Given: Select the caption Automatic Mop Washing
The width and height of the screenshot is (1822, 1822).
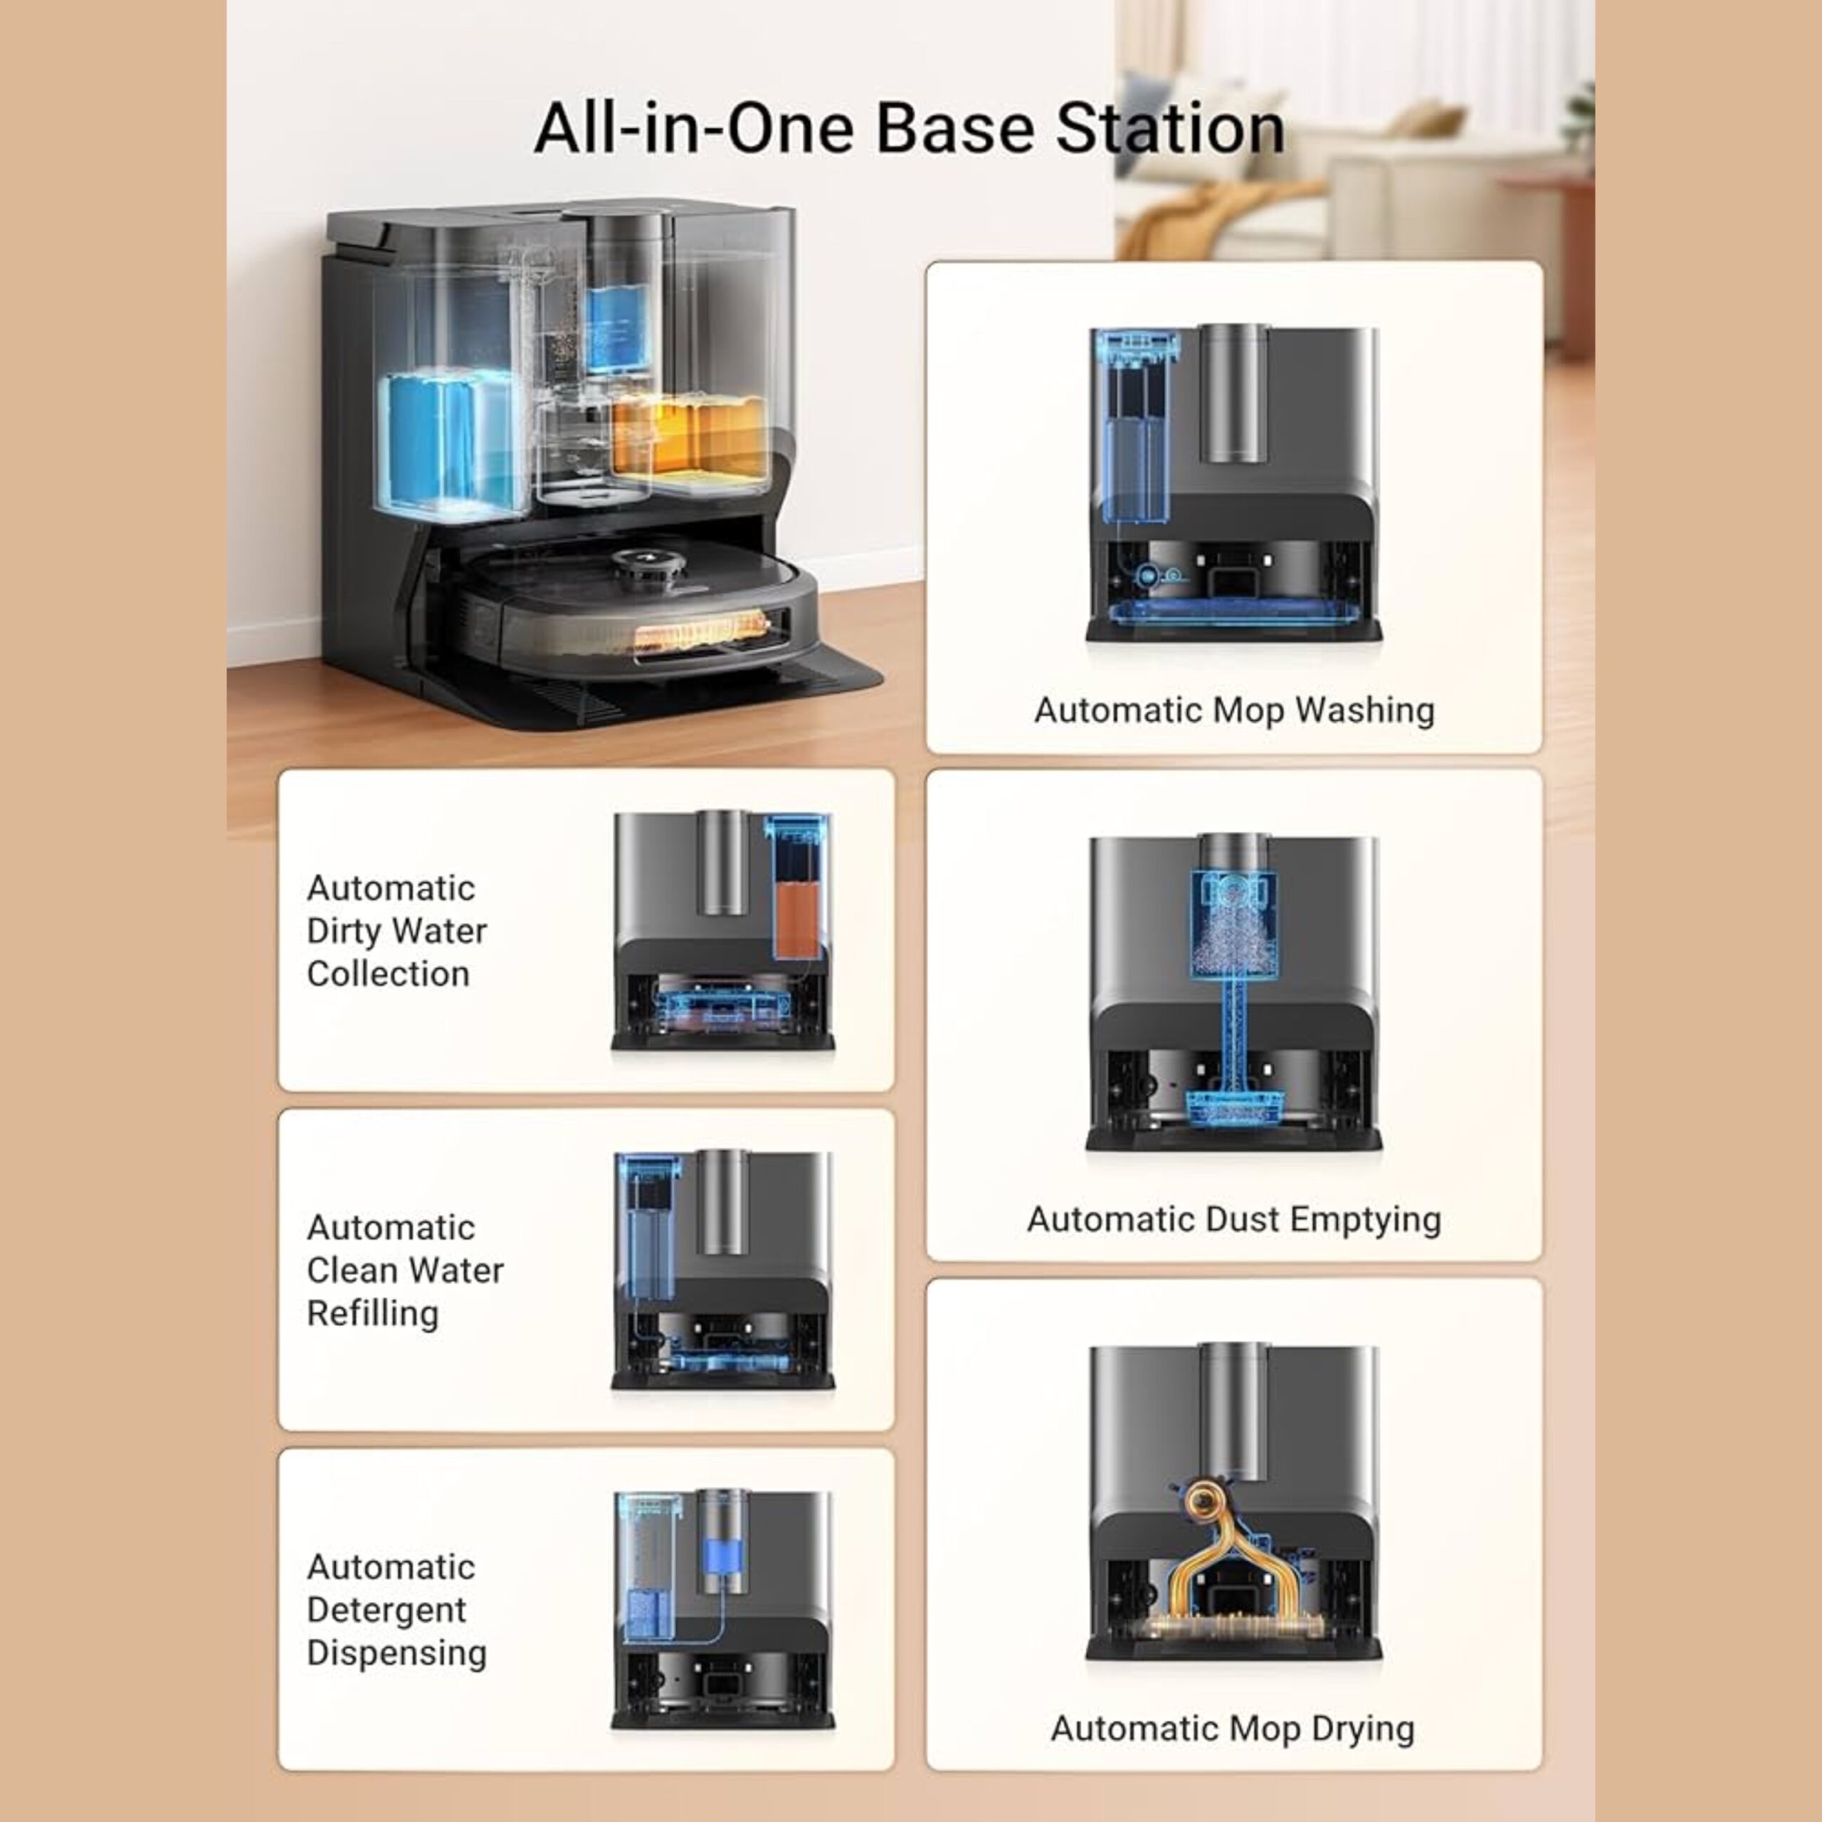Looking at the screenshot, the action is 1233,710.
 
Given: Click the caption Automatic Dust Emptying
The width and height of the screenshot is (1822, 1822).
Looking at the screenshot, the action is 1233,1219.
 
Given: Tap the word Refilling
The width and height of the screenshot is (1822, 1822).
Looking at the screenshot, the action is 372,1314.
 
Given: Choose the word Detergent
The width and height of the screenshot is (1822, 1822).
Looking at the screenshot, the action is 386,1610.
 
